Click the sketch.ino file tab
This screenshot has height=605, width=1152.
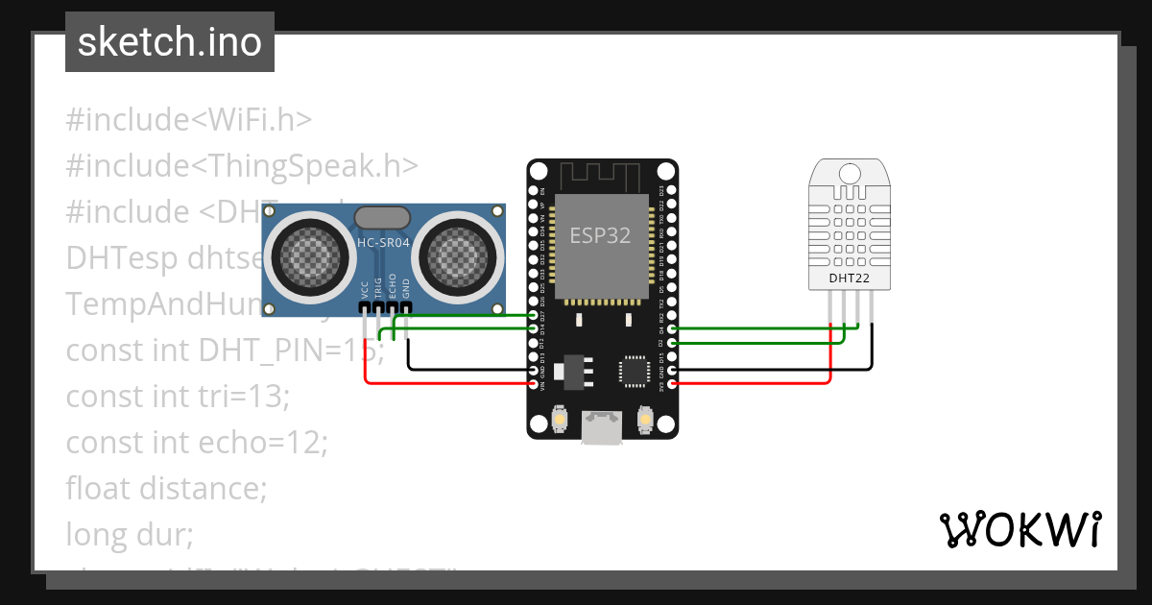click(x=170, y=42)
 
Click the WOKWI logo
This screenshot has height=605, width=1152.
click(x=1019, y=529)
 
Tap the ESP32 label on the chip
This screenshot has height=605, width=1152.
click(x=600, y=235)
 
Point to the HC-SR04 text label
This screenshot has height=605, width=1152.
click(x=383, y=244)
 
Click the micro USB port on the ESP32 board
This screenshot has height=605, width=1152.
click(x=602, y=427)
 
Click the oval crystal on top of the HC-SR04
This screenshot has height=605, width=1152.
click(x=383, y=218)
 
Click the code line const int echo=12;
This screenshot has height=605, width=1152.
click(x=197, y=443)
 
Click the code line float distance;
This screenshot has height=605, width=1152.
click(x=166, y=488)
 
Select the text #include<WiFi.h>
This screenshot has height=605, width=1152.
click(x=189, y=120)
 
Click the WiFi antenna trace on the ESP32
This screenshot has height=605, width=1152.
click(x=602, y=177)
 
